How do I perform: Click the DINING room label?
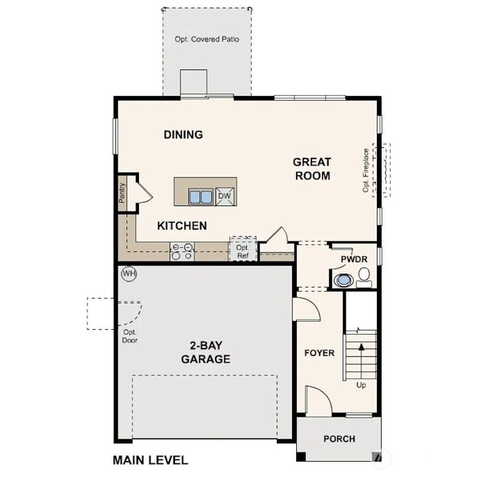(x=183, y=134)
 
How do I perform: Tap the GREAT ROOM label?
(x=312, y=168)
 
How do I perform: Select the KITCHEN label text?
(x=182, y=226)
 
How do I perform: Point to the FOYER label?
(x=319, y=352)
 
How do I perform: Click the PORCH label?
(x=339, y=439)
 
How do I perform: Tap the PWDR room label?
(x=354, y=259)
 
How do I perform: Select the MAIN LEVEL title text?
(x=150, y=460)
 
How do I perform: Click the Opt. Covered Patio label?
(x=207, y=39)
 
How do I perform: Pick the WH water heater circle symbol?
(x=128, y=272)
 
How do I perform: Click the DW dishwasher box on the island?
(x=225, y=195)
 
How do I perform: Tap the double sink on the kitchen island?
(x=199, y=196)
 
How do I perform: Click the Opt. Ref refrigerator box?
(x=242, y=250)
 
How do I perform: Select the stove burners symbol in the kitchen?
(x=182, y=251)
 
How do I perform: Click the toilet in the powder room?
(x=364, y=276)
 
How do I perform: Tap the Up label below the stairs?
(x=361, y=385)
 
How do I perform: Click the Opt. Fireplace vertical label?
(x=365, y=170)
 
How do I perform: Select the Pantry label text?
(x=122, y=193)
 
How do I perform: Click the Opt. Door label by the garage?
(x=130, y=336)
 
